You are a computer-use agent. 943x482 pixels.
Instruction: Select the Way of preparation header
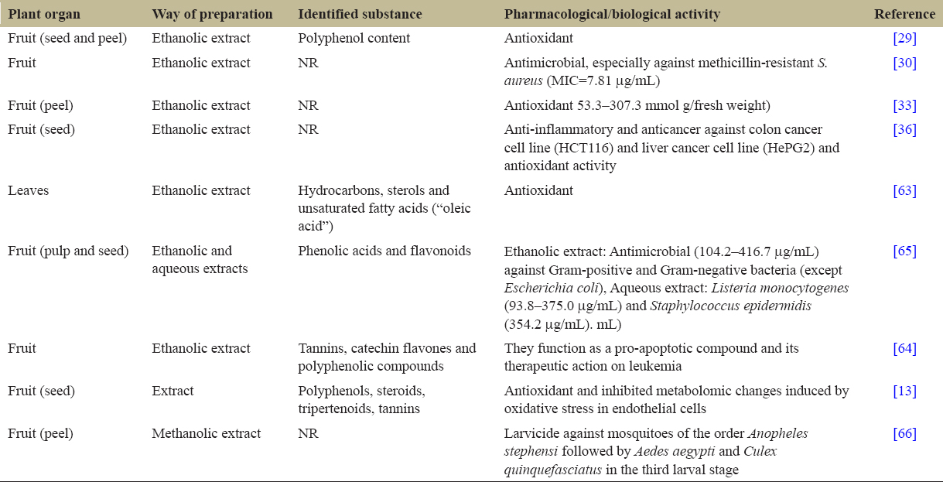pos(212,15)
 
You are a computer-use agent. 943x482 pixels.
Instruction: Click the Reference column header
pos(904,15)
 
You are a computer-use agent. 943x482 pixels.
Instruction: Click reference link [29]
pos(904,39)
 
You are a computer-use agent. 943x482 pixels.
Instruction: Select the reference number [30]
pos(904,63)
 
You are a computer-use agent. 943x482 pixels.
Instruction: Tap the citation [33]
pos(904,105)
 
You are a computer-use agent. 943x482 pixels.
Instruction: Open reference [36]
pos(904,129)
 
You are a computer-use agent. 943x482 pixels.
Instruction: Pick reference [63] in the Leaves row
pos(904,190)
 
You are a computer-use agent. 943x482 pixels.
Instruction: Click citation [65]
pos(904,251)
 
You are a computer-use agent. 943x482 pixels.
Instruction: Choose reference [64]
pos(904,348)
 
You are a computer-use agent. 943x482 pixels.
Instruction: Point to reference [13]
pos(904,391)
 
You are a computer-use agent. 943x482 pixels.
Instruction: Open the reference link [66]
pos(904,433)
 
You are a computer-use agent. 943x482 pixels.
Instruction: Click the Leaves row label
pos(28,190)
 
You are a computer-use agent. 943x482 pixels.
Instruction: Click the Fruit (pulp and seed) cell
pos(67,251)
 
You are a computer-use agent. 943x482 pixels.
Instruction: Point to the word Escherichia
pos(534,288)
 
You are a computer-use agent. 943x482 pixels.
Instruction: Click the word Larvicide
pos(531,433)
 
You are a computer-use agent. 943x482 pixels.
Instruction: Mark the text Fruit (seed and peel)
pos(67,39)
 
